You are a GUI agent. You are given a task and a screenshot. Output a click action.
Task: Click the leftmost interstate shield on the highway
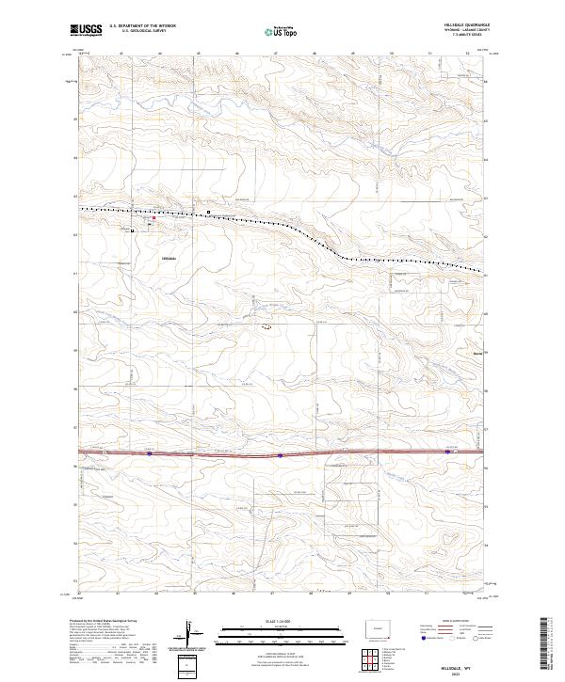pos(150,453)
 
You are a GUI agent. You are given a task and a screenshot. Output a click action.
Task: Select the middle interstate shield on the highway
pos(281,454)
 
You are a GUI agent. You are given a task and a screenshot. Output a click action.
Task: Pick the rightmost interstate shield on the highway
pos(445,452)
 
